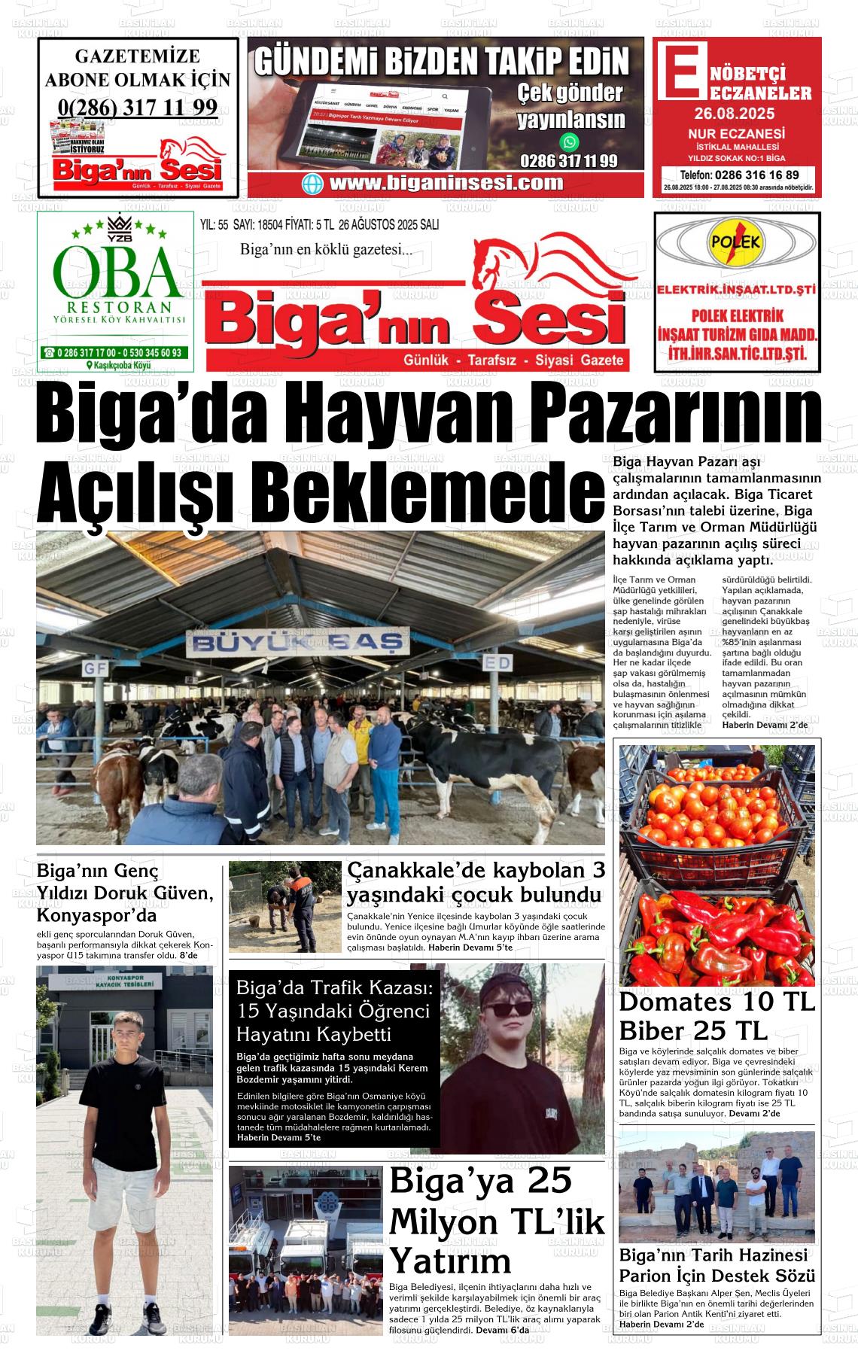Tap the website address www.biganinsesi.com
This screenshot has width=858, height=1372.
tap(446, 183)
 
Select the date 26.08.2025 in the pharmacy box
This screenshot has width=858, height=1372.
tap(735, 115)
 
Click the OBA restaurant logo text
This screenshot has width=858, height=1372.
tap(115, 272)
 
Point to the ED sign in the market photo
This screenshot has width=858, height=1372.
tap(497, 663)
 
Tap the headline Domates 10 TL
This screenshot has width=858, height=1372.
tap(717, 1002)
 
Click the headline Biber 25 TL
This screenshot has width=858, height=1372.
tap(692, 1030)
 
